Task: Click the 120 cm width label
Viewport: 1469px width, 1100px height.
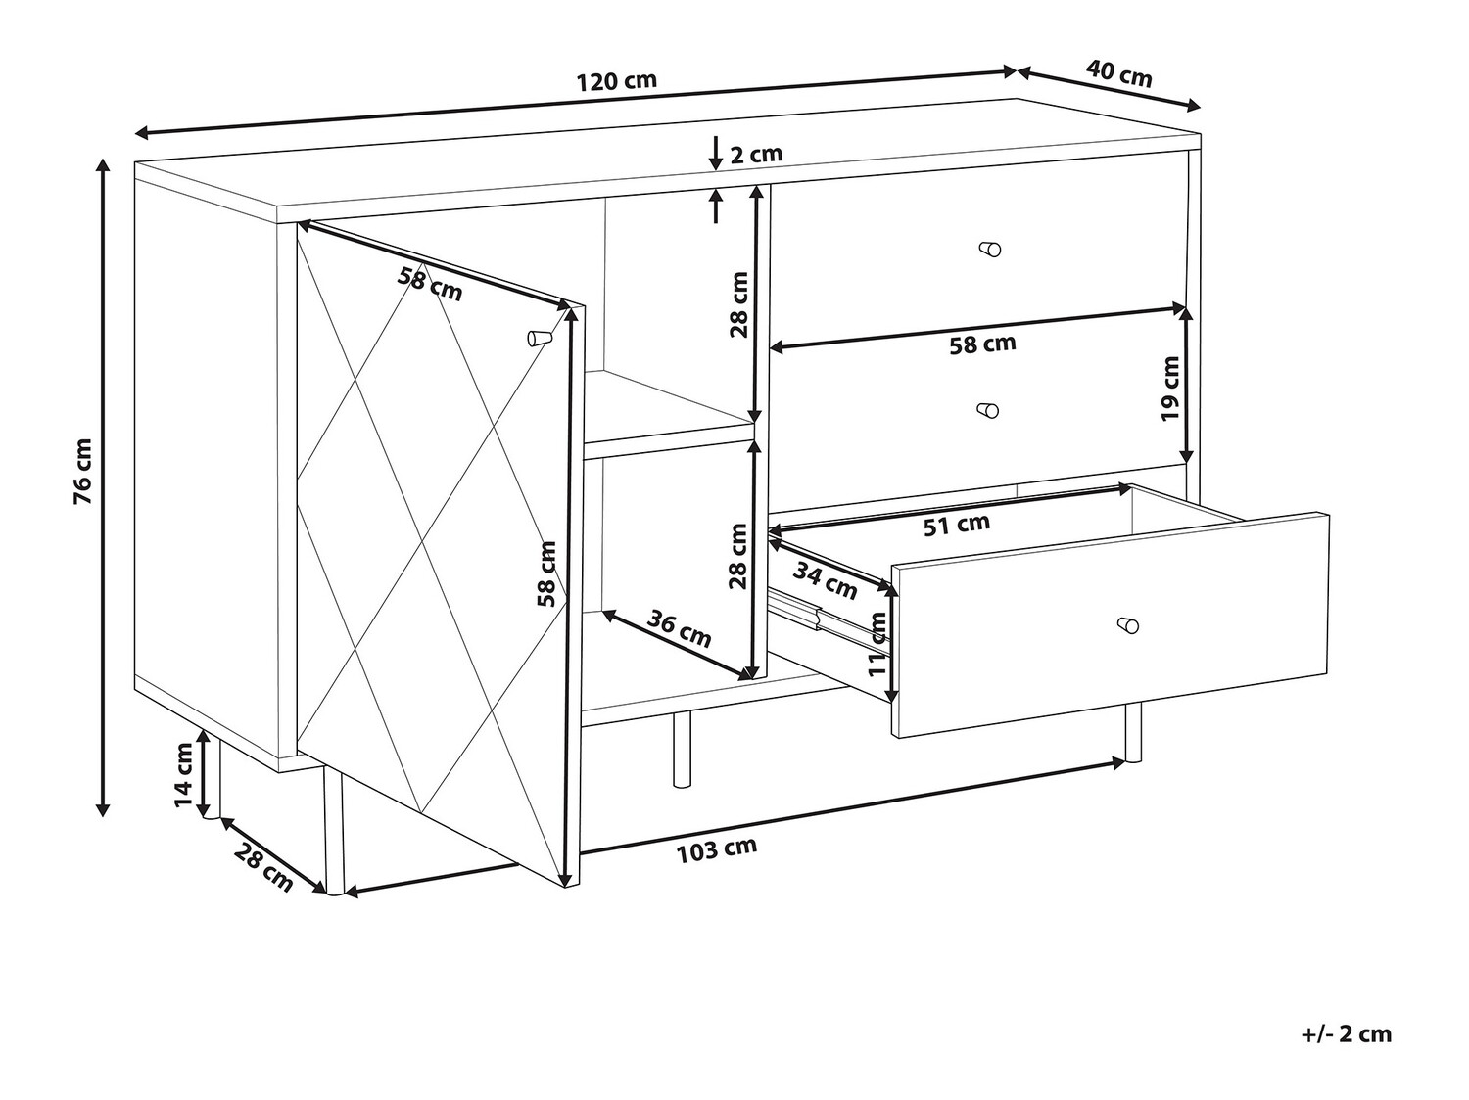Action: (616, 81)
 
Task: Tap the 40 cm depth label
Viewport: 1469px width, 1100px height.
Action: (1118, 73)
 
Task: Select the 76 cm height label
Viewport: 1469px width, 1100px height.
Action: (83, 472)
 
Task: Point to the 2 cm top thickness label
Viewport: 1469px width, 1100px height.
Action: (756, 155)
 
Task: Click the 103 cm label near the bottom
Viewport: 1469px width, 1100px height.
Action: (716, 849)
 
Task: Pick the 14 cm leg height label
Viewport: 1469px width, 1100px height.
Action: (183, 775)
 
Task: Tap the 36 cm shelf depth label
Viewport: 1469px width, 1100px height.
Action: (679, 628)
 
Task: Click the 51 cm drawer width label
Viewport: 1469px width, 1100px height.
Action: (957, 525)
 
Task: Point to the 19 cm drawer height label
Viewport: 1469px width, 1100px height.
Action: (1170, 388)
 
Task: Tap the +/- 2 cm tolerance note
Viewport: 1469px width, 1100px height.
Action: (1346, 1034)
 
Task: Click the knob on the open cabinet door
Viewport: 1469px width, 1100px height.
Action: (538, 337)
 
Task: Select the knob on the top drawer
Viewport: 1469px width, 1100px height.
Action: (989, 249)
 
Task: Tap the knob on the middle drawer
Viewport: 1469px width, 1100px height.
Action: (988, 410)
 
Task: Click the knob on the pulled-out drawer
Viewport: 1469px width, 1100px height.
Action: (1127, 624)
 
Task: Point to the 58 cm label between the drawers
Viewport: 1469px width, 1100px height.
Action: (982, 344)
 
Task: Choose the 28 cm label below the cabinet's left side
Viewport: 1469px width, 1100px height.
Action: (263, 867)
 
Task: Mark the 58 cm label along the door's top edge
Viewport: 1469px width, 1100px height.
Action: (430, 284)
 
